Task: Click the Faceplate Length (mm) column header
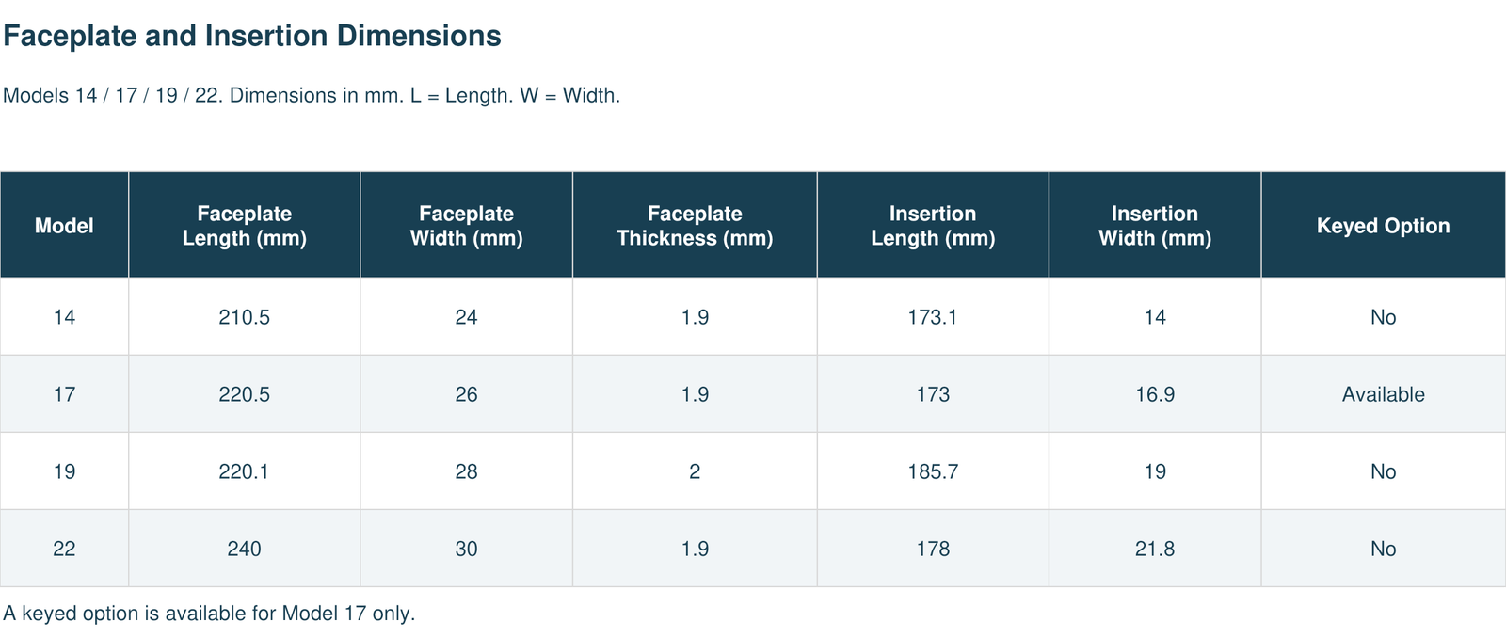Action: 244,225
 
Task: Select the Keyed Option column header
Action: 1383,225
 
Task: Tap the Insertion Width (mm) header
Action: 1154,225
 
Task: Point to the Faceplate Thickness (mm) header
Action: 695,225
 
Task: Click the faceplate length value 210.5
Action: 244,316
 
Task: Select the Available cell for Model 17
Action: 1383,394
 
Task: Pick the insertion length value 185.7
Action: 933,471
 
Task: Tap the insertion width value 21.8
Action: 1154,549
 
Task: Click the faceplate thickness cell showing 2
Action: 695,471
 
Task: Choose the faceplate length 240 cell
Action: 244,549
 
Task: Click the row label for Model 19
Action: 64,471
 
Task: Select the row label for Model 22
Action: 64,549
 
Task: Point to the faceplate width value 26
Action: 466,394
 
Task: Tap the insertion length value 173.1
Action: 933,316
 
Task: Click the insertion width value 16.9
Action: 1154,394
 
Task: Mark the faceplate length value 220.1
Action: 244,471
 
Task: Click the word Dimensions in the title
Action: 419,36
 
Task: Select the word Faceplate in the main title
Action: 70,37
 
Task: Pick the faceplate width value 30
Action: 466,549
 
